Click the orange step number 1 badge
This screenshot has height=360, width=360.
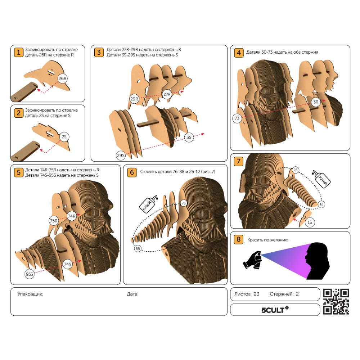19,52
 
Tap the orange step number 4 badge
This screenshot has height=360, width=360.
239,53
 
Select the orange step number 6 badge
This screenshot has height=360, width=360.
132,172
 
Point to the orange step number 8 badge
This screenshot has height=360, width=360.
239,239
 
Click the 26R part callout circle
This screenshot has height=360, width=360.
62,78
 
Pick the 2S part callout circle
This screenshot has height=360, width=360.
64,137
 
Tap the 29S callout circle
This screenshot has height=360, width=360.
121,156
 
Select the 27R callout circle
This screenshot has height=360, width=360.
167,94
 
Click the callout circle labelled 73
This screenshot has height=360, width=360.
237,118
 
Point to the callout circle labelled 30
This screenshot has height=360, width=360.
316,102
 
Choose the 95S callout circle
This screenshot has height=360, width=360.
30,274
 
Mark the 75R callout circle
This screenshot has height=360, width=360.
54,221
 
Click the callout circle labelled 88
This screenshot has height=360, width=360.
138,248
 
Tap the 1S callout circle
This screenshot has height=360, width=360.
310,222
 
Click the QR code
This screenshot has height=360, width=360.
336,301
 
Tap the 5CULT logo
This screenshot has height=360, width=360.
275,310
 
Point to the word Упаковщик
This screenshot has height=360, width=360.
30,294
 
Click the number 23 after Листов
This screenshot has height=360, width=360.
257,294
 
